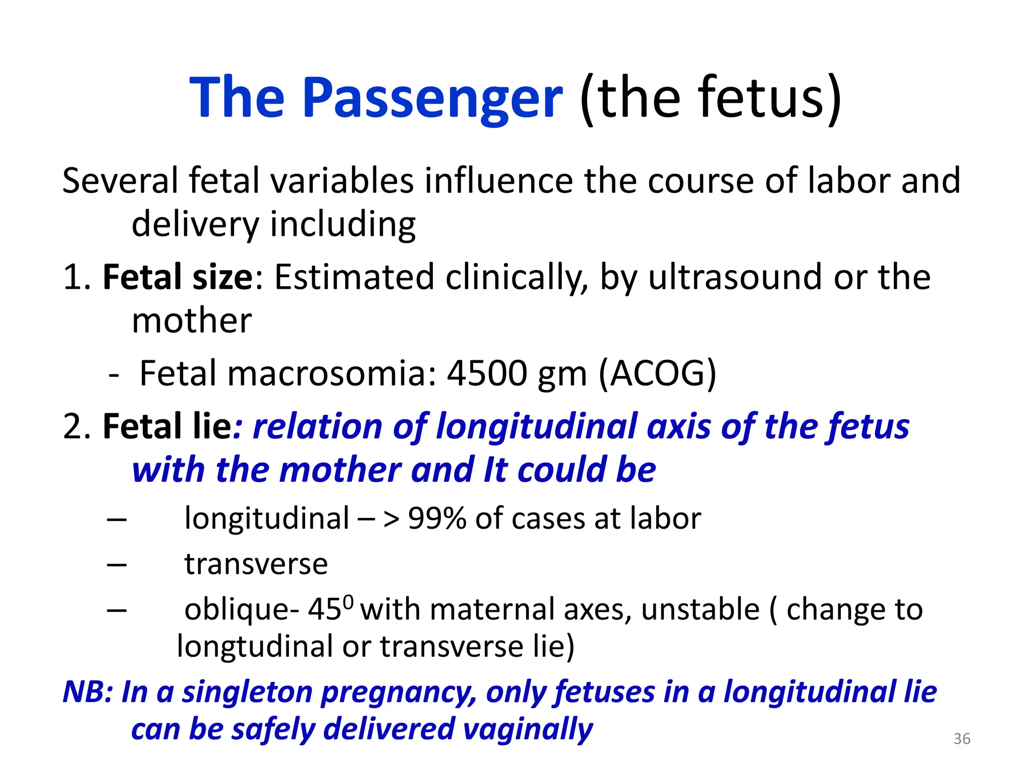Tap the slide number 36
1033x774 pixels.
tap(962, 739)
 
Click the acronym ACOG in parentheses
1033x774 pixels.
tap(657, 374)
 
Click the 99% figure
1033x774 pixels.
tap(437, 518)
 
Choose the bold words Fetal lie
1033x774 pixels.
tap(167, 426)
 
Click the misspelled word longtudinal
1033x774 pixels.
tap(255, 647)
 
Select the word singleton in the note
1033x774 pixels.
tap(247, 692)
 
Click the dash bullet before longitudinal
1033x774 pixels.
tap(117, 519)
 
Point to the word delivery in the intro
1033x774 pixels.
tap(195, 224)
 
